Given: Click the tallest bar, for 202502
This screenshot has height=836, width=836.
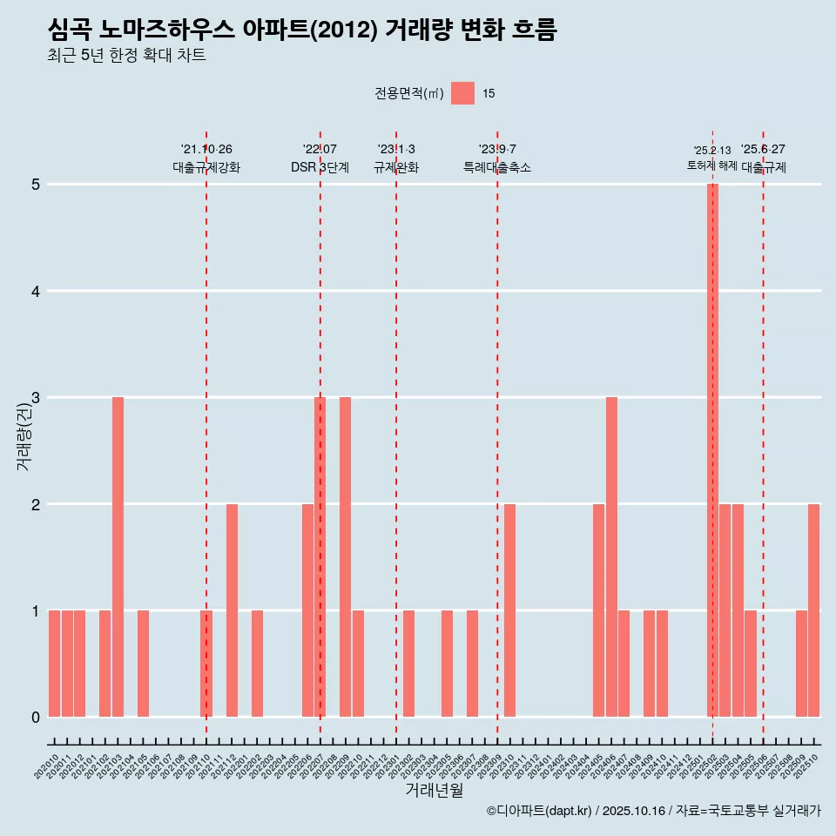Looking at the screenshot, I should click(712, 450).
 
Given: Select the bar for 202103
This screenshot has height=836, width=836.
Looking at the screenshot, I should click(118, 557).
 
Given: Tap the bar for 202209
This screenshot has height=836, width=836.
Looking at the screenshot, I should click(345, 557).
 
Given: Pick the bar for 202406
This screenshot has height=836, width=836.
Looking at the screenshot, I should click(611, 557).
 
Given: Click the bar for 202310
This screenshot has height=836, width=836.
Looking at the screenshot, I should click(509, 610).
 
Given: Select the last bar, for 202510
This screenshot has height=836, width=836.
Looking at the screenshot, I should click(813, 610).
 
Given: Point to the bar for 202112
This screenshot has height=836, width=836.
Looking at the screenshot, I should click(232, 610).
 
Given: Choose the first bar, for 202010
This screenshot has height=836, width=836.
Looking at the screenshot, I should click(54, 664).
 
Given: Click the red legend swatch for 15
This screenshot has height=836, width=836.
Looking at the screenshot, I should click(462, 93).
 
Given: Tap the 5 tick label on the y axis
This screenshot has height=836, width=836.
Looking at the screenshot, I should click(36, 185).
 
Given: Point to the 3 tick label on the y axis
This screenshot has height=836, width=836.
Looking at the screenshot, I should click(36, 398).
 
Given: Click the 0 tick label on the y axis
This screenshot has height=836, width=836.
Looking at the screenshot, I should click(36, 718).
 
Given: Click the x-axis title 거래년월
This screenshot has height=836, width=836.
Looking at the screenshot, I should click(434, 790).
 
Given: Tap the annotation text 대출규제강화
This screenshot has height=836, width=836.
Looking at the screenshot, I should click(206, 167).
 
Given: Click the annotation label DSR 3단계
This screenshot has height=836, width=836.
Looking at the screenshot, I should click(320, 167).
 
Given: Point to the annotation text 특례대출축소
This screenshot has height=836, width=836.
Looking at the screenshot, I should click(497, 167).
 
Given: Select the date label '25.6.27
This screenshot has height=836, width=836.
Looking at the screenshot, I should click(763, 149).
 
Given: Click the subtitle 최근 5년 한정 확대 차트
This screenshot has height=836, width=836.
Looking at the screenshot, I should click(126, 56).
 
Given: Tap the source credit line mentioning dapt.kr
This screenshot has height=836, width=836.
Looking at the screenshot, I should click(653, 811).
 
